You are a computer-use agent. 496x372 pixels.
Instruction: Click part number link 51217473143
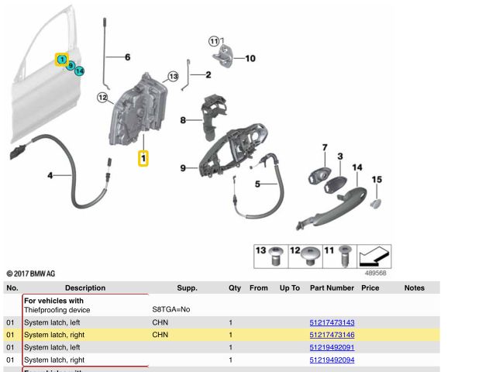[x=332, y=322]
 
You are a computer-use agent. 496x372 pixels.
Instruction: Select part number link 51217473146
[x=332, y=335]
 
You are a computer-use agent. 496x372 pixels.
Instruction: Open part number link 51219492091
[x=332, y=347]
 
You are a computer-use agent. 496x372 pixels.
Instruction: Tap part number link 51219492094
[x=332, y=360]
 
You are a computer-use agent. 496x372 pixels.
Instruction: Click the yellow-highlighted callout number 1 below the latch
[x=143, y=158]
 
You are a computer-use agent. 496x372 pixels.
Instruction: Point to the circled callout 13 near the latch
[x=173, y=77]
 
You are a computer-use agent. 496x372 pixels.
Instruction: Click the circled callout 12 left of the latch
[x=102, y=98]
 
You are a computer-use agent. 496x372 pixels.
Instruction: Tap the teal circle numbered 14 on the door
[x=80, y=71]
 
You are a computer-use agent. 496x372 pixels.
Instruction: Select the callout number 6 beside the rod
[x=127, y=57]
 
